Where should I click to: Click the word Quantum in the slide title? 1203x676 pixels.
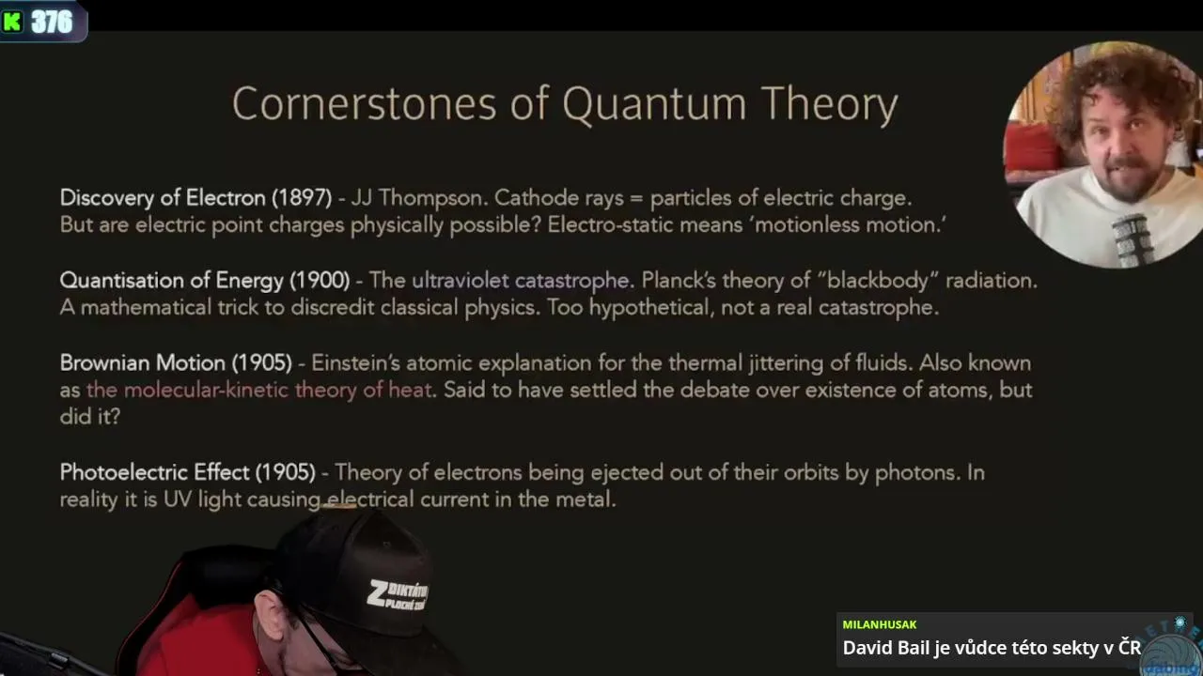655,104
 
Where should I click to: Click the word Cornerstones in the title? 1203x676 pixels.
364,103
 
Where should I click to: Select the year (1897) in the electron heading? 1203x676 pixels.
302,198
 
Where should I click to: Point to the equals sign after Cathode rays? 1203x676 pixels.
636,199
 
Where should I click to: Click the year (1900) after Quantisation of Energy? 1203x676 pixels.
320,281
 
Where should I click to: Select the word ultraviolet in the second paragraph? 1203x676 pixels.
461,280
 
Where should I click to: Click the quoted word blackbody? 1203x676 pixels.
878,281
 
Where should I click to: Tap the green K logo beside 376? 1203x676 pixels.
12,22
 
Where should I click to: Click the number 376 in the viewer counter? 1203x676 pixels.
52,22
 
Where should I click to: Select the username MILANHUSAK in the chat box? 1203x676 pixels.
880,624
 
